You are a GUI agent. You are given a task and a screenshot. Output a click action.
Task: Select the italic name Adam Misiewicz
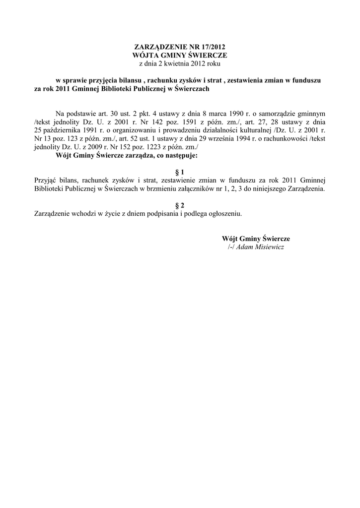pos(260,247)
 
